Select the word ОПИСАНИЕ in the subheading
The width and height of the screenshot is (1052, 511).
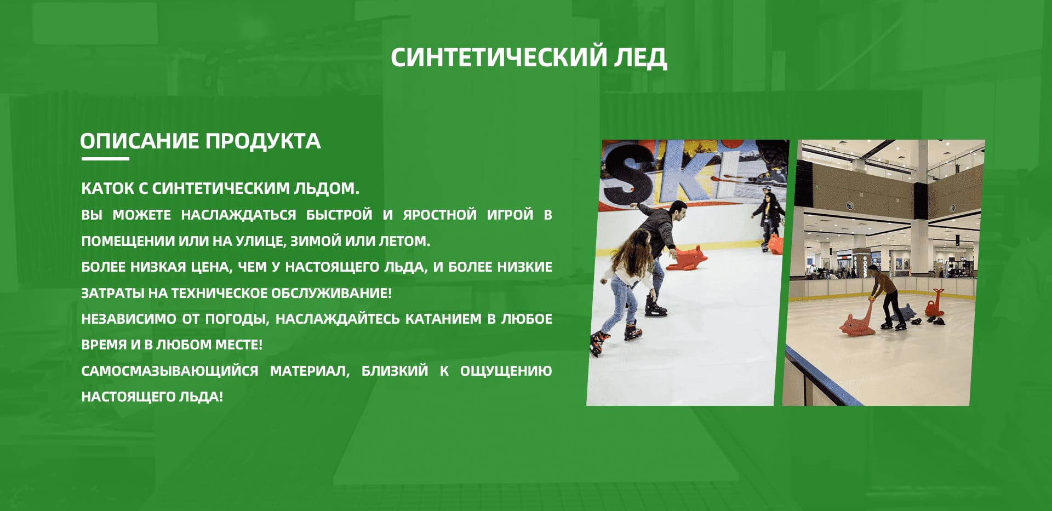click(139, 141)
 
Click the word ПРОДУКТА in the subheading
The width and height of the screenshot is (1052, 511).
click(263, 141)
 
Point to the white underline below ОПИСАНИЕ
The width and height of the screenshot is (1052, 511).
click(105, 159)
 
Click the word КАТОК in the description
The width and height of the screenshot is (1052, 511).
click(107, 188)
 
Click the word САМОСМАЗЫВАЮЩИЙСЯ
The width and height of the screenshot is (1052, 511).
click(170, 371)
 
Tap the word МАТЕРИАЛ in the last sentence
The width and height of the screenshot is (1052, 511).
click(310, 371)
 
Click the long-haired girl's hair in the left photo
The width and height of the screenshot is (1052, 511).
click(635, 251)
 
